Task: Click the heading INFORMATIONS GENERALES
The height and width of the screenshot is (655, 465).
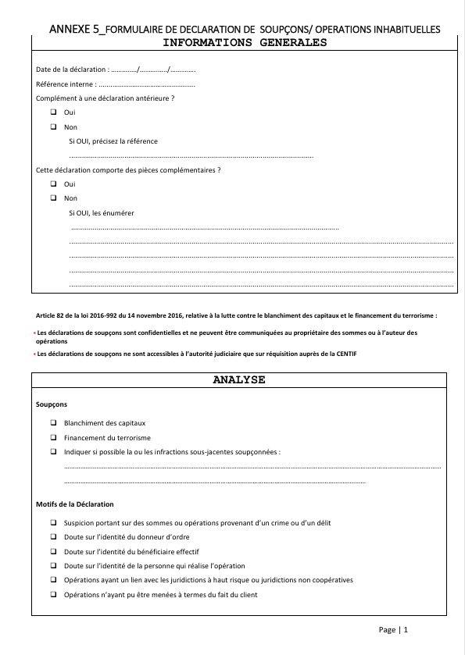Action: (239, 43)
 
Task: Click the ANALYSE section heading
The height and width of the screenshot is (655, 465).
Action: (239, 380)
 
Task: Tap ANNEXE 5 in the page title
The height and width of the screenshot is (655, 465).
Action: (73, 29)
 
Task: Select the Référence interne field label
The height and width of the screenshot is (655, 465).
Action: (66, 84)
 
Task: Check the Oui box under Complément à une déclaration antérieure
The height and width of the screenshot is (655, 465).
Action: (54, 112)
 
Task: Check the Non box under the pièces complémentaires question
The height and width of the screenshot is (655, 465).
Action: (54, 198)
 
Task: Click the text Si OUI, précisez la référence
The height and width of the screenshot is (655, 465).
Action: (113, 141)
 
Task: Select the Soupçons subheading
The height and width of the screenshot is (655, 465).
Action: (52, 405)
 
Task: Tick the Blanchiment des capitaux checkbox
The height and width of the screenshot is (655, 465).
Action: (54, 423)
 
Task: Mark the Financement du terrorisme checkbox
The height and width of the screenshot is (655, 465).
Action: (54, 437)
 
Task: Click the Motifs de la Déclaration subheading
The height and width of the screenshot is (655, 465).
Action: (75, 504)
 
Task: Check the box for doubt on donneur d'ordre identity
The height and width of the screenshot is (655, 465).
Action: (54, 537)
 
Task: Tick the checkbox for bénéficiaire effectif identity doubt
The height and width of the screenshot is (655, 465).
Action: (54, 551)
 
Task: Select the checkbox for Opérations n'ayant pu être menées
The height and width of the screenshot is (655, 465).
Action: (54, 595)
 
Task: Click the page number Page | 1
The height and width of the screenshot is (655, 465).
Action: (393, 630)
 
